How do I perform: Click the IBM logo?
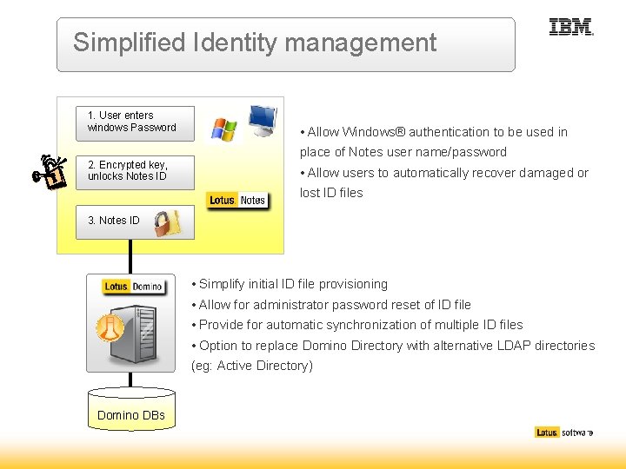tap(571, 28)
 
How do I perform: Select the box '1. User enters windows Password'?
tap(134, 122)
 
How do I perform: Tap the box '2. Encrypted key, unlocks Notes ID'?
tap(134, 171)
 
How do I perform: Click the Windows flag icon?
tap(223, 129)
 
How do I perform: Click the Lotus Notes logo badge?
tap(237, 201)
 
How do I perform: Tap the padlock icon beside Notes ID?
tap(167, 223)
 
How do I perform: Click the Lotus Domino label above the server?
tap(133, 287)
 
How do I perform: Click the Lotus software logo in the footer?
tap(563, 433)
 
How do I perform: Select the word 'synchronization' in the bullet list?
tap(379, 325)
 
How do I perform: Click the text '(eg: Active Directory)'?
tap(252, 366)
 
